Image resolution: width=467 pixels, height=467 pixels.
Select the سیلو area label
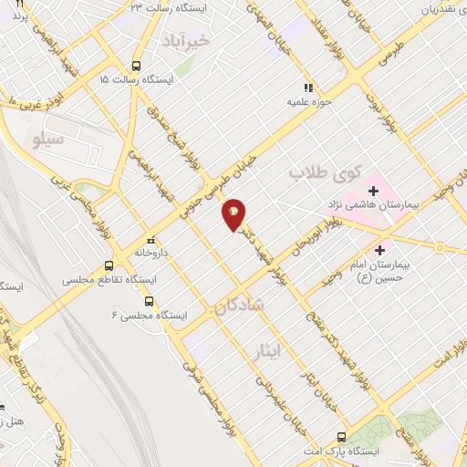[47, 140]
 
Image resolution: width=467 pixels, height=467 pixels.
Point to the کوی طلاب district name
[326, 171]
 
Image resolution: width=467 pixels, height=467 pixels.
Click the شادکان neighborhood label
[240, 306]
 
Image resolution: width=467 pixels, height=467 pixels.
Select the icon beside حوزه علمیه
[309, 88]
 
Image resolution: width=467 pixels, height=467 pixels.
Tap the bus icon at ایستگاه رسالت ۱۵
[136, 66]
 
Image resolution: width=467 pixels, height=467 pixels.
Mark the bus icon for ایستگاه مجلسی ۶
[149, 301]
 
